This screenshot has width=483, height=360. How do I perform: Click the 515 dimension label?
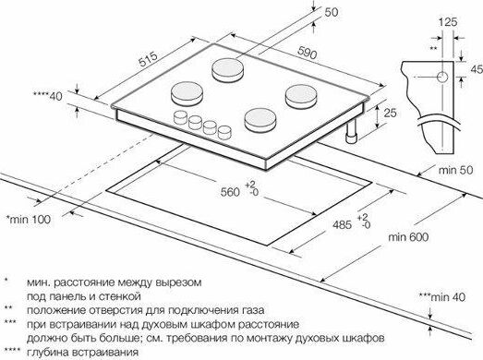(x=148, y=59)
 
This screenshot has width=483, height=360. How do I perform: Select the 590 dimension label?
(x=307, y=53)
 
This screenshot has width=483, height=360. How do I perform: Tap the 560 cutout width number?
(x=230, y=192)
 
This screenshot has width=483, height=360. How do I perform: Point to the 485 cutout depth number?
(x=342, y=224)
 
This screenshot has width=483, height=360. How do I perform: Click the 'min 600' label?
(x=408, y=237)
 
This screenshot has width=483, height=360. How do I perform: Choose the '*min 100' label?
(x=29, y=220)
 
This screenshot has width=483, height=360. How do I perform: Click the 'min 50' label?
(x=455, y=170)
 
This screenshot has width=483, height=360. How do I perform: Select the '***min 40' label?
(x=442, y=297)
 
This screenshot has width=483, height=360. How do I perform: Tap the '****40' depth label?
(x=48, y=96)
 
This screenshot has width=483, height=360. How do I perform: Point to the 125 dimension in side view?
(x=448, y=22)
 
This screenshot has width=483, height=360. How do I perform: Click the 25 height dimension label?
(x=390, y=113)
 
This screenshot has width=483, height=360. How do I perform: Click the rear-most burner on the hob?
(x=227, y=70)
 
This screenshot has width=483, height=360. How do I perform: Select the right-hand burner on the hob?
(x=301, y=96)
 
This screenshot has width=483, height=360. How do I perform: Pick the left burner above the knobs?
(x=187, y=93)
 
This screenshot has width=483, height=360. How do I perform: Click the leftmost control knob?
(x=180, y=117)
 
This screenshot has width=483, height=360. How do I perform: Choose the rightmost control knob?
(x=224, y=132)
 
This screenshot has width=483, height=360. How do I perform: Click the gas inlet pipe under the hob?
(x=351, y=131)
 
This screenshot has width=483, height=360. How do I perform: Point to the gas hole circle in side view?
(x=442, y=77)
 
